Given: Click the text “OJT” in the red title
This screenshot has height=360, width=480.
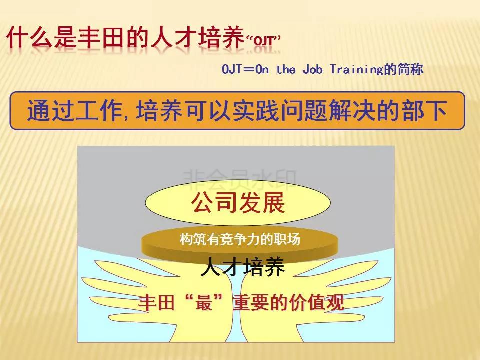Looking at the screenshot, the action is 263,40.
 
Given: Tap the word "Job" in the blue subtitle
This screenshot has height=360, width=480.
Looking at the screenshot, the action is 313,69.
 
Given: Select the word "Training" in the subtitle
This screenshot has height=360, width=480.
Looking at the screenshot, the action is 357,70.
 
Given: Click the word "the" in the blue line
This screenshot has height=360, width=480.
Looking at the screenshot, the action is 286,69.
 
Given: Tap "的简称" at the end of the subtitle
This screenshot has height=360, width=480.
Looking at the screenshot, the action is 404,69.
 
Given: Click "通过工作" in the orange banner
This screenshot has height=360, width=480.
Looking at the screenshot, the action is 74,110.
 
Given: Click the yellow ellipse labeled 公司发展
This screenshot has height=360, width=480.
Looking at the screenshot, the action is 238,202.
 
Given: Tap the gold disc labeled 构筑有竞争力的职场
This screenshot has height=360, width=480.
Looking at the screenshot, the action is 240,244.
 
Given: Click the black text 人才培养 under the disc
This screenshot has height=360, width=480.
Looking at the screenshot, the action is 243,267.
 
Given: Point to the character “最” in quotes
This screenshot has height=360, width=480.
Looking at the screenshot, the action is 204,302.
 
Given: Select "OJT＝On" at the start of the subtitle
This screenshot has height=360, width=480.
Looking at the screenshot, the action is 245,69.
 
